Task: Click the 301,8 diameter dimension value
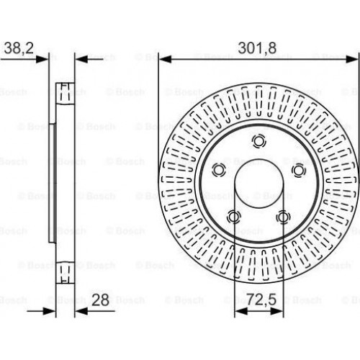tap(257, 48)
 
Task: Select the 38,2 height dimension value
tap(19, 48)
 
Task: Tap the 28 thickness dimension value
tap(100, 300)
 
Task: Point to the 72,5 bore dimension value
tap(261, 300)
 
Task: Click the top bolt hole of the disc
tap(258, 141)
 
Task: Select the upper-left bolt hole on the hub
tap(219, 170)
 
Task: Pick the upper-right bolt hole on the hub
tap(299, 170)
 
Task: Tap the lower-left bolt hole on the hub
tap(233, 217)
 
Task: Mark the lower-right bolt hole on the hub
tap(283, 217)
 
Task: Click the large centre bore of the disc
tap(258, 184)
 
